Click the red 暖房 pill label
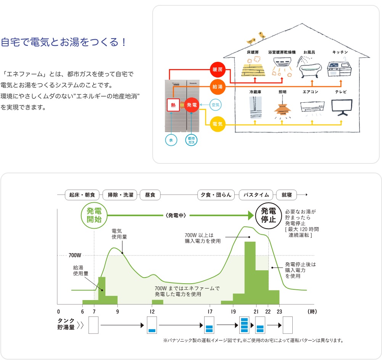coord(218,70)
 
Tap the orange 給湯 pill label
coord(218,87)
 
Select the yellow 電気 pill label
coord(218,124)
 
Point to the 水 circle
coord(171,140)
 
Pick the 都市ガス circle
coord(191,140)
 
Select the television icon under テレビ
coord(342,107)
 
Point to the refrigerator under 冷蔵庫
coord(255,107)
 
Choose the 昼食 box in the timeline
coord(150,195)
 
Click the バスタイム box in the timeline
coord(256,195)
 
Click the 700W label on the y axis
coord(75,255)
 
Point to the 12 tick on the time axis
coord(152,312)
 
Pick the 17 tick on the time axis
coord(210,312)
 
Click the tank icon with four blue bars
coord(244,325)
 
